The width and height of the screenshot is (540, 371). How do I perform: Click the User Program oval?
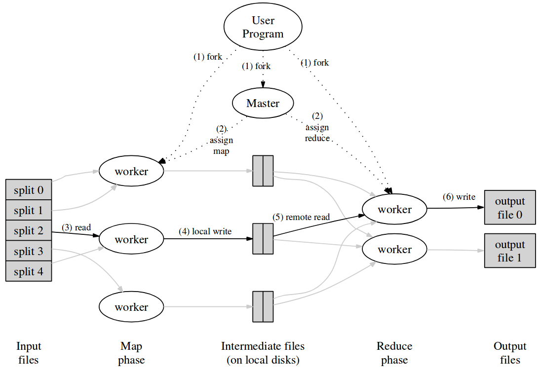(263, 27)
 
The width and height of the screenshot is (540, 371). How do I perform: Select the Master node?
(263, 103)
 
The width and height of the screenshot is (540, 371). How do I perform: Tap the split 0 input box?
(29, 189)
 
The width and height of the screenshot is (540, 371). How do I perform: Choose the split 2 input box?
(29, 230)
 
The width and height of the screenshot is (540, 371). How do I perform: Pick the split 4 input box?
(29, 271)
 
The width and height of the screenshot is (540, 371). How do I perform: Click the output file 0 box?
(510, 208)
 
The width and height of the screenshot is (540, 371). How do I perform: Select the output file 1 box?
(510, 251)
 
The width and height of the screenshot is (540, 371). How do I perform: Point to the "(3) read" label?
(76, 227)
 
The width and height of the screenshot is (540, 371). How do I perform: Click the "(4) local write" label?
(205, 231)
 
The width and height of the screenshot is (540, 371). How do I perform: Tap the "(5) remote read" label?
(301, 217)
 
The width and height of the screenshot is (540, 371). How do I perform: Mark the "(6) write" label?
(459, 197)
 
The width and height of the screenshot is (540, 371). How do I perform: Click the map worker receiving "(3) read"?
(131, 239)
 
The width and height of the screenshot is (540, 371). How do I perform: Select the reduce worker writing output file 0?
(394, 209)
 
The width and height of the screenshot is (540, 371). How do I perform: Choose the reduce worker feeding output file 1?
(394, 249)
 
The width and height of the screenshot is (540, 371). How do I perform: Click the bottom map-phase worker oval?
(131, 307)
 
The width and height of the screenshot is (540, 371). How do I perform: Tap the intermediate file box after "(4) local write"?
(263, 238)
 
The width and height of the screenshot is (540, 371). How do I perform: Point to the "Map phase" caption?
(131, 353)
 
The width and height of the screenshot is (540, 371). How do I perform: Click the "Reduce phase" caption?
(394, 353)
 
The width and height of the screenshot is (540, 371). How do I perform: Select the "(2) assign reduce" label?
(317, 127)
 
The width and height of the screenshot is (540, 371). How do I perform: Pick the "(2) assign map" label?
(221, 140)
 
